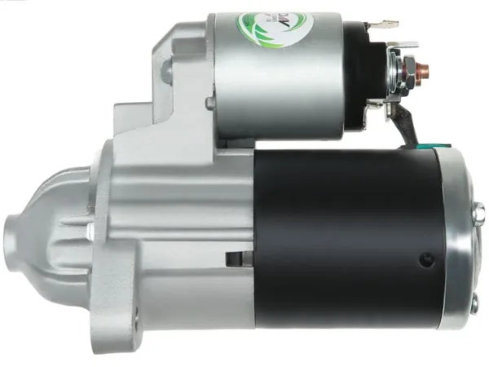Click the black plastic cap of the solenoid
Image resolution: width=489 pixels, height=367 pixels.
355,77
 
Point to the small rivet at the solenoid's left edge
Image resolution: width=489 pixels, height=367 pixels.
209,103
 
